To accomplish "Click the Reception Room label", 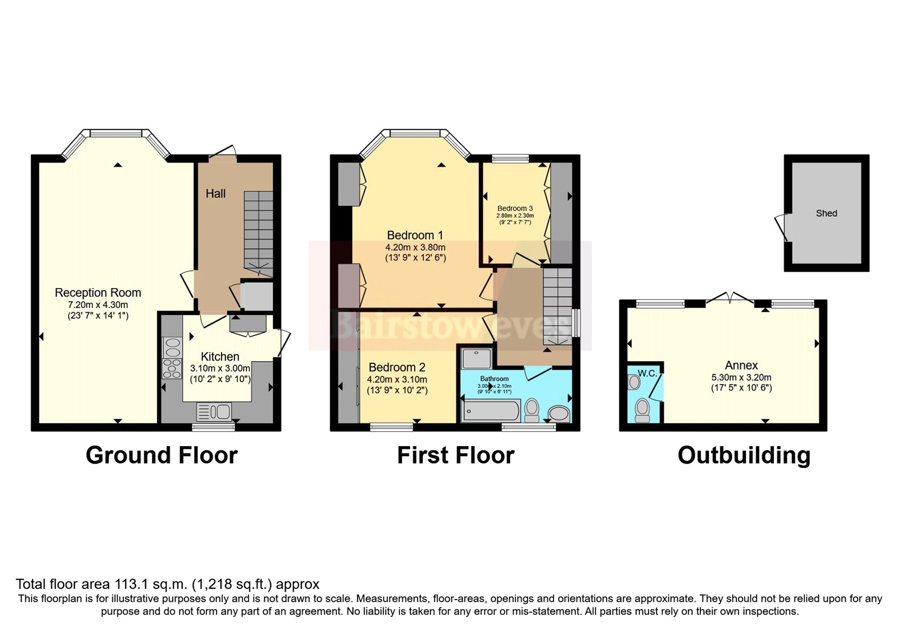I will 98,292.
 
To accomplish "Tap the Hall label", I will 215,193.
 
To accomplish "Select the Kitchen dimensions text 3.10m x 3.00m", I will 220,368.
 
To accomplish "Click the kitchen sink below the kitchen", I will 214,412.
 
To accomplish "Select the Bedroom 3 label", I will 515,208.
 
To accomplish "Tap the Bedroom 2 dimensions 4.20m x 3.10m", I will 397,379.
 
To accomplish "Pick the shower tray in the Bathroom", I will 476,358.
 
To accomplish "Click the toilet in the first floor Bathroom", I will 531,411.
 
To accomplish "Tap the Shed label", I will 826,213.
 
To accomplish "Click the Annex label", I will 741,365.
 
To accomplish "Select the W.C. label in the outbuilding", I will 647,373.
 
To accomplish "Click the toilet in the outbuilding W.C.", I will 642,410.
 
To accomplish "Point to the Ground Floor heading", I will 161,455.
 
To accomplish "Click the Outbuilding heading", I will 744,455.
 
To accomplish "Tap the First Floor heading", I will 456,455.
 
